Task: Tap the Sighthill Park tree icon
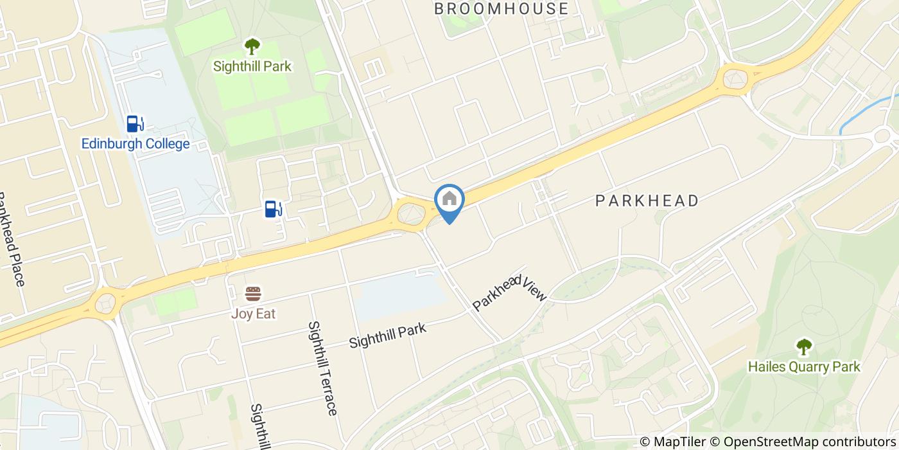pyautogui.click(x=252, y=46)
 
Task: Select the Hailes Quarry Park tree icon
pyautogui.click(x=804, y=347)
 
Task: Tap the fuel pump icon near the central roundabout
pyautogui.click(x=274, y=208)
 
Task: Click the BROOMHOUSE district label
pyautogui.click(x=502, y=8)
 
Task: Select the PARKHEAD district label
pyautogui.click(x=647, y=201)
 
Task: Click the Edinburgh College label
pyautogui.click(x=135, y=143)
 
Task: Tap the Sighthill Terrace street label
pyautogui.click(x=322, y=368)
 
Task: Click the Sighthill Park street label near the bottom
pyautogui.click(x=388, y=336)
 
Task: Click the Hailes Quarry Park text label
pyautogui.click(x=804, y=367)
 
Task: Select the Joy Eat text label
pyautogui.click(x=254, y=314)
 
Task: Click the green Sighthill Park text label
pyautogui.click(x=252, y=66)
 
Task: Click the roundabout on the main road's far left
pyautogui.click(x=105, y=301)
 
